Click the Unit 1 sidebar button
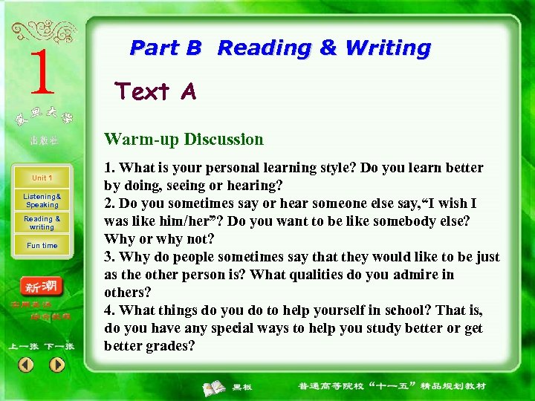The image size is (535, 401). coord(42,178)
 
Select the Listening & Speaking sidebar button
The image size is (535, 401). coord(42,200)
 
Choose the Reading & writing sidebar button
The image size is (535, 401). coord(42,223)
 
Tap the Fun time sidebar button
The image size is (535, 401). coord(42,245)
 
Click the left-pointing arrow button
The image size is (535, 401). coord(26,365)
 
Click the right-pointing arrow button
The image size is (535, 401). coord(57,365)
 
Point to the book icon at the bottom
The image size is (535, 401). coord(215,387)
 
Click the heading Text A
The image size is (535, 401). coord(155,91)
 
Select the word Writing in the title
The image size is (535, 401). coord(388,48)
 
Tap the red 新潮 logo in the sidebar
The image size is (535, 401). coord(42,287)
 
